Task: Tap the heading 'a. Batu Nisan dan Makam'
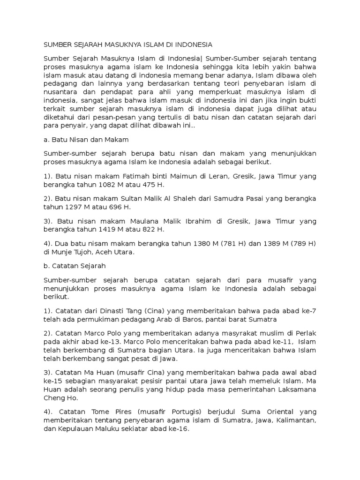(x=86, y=140)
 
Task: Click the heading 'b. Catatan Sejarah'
(x=75, y=266)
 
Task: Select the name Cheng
(x=53, y=398)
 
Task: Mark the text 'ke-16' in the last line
(x=179, y=428)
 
